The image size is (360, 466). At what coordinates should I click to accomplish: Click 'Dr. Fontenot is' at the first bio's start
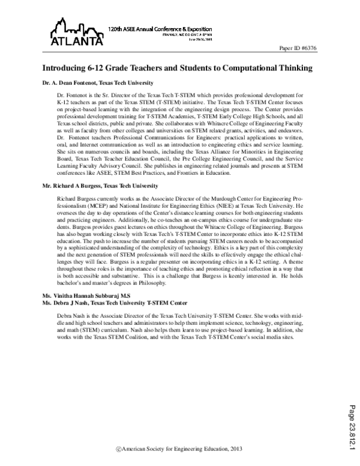(75, 96)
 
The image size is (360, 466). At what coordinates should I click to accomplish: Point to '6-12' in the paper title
(97, 68)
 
